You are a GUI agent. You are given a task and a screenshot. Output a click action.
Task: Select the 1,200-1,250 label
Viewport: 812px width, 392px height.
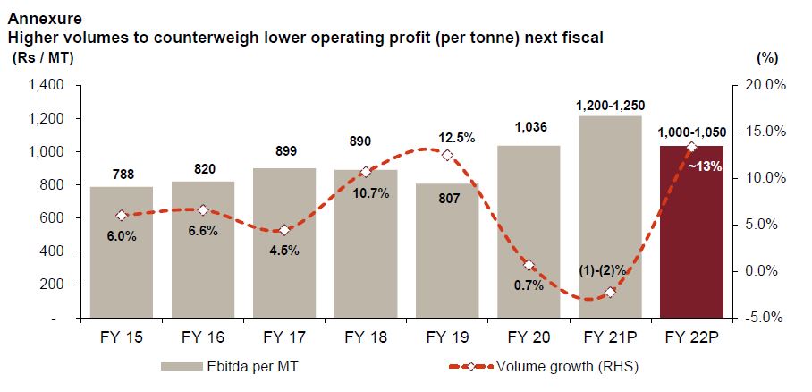coord(610,104)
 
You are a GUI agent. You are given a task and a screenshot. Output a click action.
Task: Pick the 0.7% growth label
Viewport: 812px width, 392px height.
coord(529,285)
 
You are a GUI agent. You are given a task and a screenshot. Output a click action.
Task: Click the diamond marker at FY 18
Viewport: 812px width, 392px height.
coord(366,171)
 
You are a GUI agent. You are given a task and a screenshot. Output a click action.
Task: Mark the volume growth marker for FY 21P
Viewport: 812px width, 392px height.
coord(610,292)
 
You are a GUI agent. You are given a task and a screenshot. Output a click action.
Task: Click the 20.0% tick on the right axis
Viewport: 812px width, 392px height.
coord(765,86)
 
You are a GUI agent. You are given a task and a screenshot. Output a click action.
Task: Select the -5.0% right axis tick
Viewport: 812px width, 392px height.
coord(766,318)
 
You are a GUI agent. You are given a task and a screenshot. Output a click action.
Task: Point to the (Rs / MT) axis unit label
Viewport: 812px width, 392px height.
coord(43,58)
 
